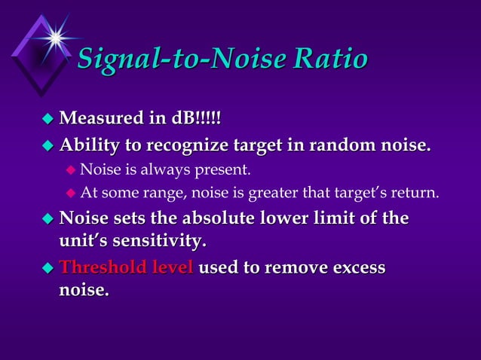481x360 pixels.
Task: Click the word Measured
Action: pyautogui.click(x=99, y=118)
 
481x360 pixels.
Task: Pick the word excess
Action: pyautogui.click(x=358, y=267)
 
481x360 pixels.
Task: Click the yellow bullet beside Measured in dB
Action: pyautogui.click(x=47, y=119)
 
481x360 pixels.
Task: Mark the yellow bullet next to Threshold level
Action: pyautogui.click(x=47, y=268)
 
